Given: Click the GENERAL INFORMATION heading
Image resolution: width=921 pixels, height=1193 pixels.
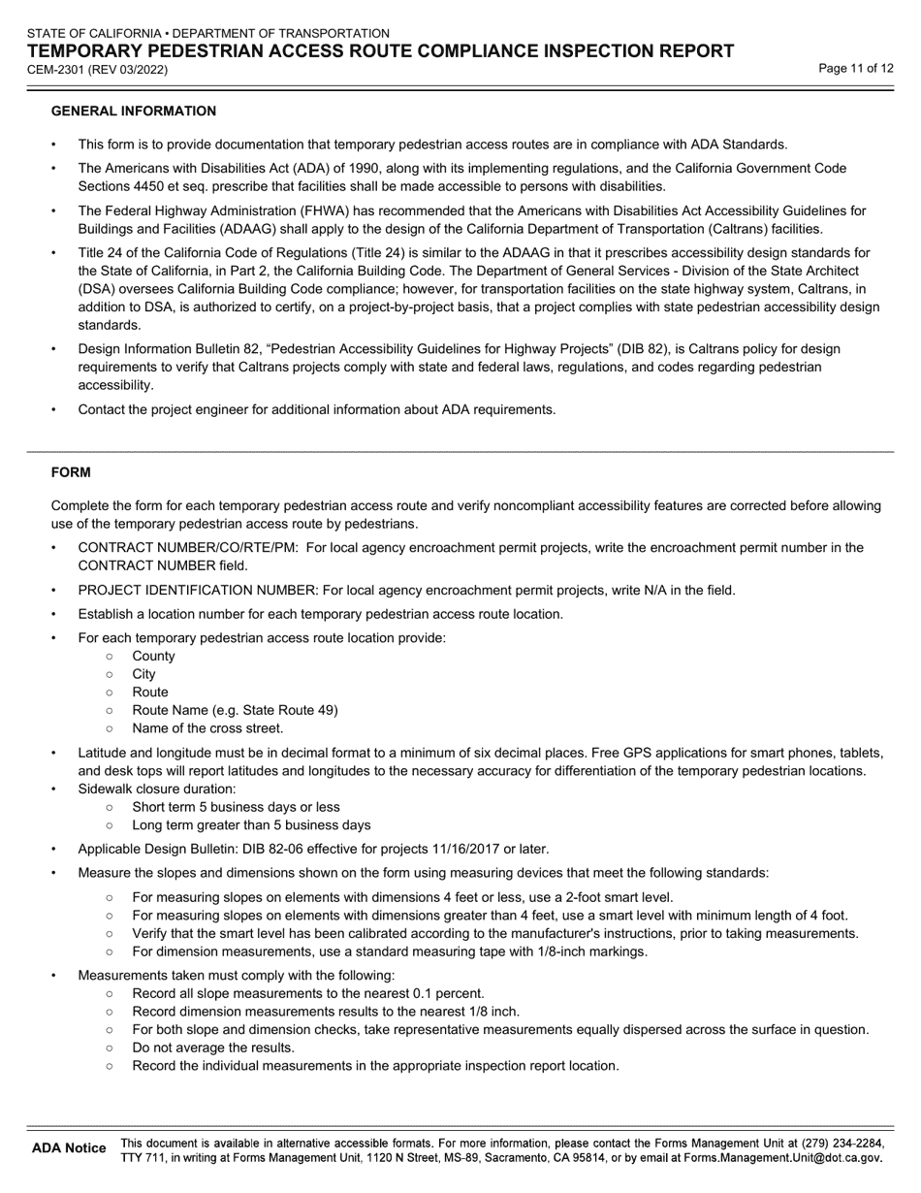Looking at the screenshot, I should (x=133, y=112).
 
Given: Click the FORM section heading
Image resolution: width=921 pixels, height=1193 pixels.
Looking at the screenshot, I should (x=71, y=472).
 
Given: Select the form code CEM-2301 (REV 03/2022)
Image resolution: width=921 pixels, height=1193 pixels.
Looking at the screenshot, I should (x=97, y=70).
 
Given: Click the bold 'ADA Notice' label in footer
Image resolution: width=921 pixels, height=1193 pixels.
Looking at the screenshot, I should (x=69, y=1148).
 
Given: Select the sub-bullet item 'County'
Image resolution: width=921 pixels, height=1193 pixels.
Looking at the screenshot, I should (x=153, y=656).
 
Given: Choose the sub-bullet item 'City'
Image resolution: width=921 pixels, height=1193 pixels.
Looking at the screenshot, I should (x=143, y=674).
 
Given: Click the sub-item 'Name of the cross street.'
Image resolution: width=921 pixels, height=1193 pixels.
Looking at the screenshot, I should (x=207, y=728).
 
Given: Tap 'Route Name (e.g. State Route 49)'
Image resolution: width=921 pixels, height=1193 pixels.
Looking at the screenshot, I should (x=235, y=710).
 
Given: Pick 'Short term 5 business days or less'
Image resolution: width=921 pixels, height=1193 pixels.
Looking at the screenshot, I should (x=236, y=807).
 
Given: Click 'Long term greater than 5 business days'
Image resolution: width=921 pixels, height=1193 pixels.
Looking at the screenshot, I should (x=251, y=825).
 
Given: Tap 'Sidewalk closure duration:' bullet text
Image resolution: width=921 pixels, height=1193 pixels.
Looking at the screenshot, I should (x=157, y=789).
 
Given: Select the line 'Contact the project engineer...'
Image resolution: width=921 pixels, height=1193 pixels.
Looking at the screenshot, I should (x=317, y=409).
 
